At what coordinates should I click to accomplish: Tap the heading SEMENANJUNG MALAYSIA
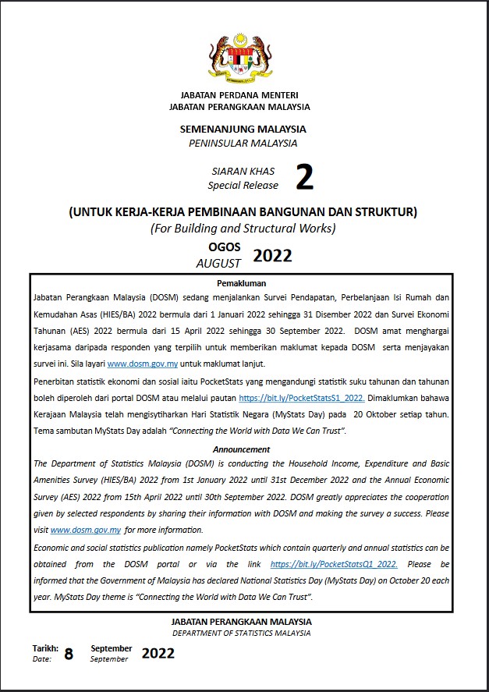(243, 130)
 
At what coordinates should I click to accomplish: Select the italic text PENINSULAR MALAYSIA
(243, 143)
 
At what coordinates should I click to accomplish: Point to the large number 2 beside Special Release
(304, 179)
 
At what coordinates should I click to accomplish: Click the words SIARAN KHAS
(243, 172)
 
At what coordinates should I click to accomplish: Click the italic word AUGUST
(219, 263)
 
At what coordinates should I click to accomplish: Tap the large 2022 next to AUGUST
(272, 256)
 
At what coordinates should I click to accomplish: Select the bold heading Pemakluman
(241, 284)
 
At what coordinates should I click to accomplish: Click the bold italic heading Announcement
(241, 449)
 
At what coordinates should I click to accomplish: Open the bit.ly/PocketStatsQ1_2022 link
(334, 564)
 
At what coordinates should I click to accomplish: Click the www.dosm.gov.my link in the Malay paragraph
(143, 364)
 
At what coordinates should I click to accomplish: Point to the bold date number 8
(69, 655)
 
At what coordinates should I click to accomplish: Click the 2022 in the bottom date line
(158, 654)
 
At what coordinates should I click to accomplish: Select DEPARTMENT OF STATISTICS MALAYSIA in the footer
(241, 633)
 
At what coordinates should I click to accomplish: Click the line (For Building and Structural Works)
(243, 228)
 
